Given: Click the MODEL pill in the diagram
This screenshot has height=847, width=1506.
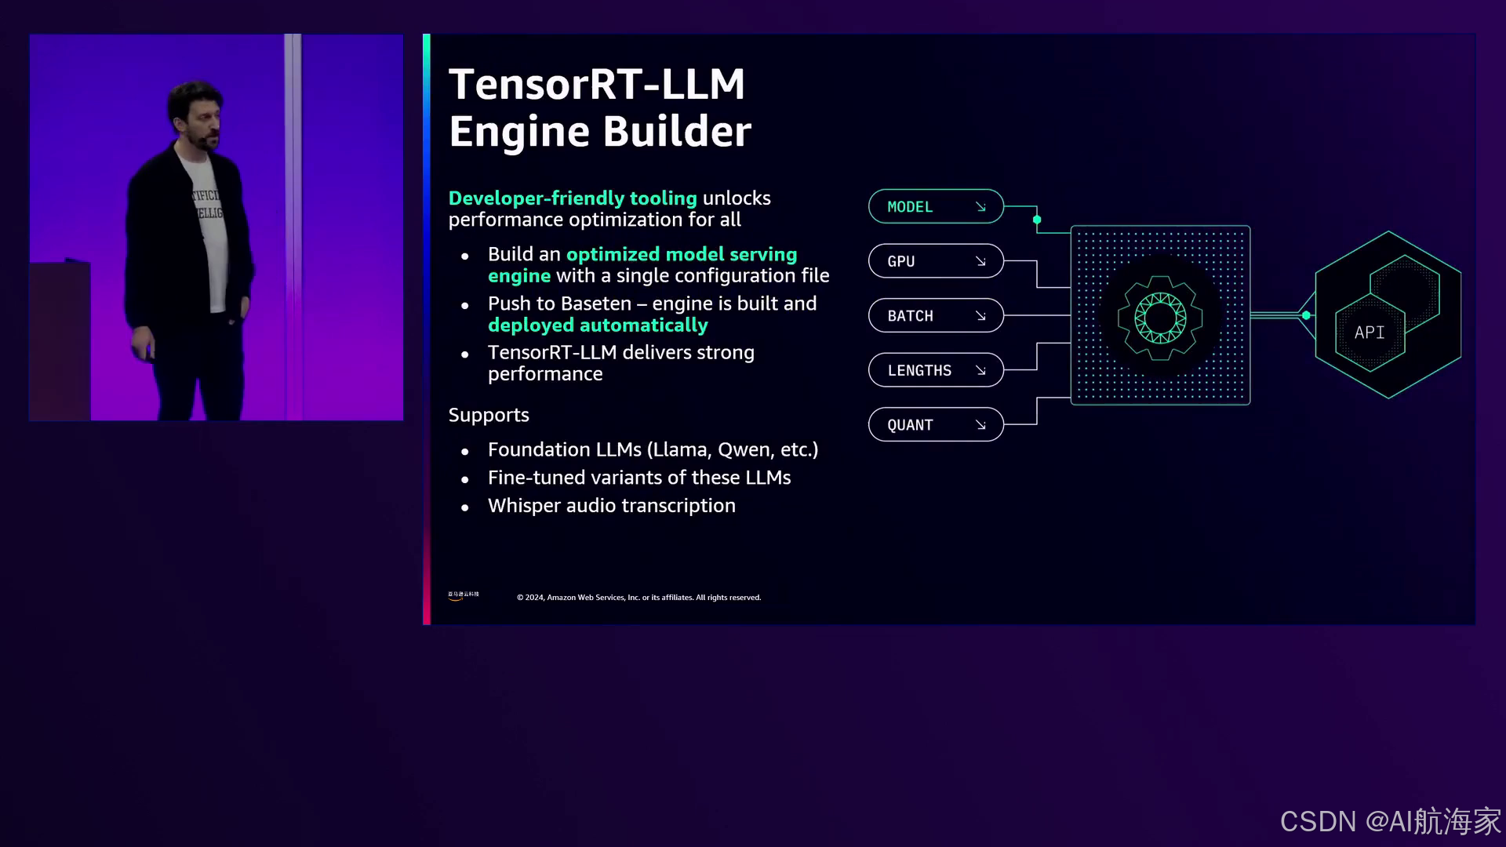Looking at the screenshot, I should pos(935,206).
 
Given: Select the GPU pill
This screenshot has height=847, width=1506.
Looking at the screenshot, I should pos(935,261).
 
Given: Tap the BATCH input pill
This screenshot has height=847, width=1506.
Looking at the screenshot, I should pos(935,315).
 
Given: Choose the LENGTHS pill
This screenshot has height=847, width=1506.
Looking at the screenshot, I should pos(935,370).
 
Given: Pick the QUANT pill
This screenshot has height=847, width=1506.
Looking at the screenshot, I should pos(935,424).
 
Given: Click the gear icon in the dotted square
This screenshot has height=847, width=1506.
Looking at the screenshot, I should pos(1160,317).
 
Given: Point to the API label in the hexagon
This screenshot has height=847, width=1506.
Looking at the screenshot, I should pos(1370,333).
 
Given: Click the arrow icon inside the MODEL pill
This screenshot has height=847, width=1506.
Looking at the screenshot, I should pos(980,207).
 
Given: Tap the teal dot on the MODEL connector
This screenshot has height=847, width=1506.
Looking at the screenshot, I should pos(1037,220).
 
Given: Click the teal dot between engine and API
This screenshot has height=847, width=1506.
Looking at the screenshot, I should pos(1306,315).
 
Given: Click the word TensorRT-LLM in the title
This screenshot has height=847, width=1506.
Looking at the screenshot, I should pos(596,84).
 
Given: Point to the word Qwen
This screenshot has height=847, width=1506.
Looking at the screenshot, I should pos(744,449).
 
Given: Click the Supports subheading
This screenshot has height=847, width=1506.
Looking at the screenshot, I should pos(489,415).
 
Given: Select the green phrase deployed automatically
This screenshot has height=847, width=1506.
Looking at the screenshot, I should pos(598,325).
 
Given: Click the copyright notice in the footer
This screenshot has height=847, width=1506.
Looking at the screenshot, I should pos(638,598).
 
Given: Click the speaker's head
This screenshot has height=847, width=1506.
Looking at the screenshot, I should pos(195,112).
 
